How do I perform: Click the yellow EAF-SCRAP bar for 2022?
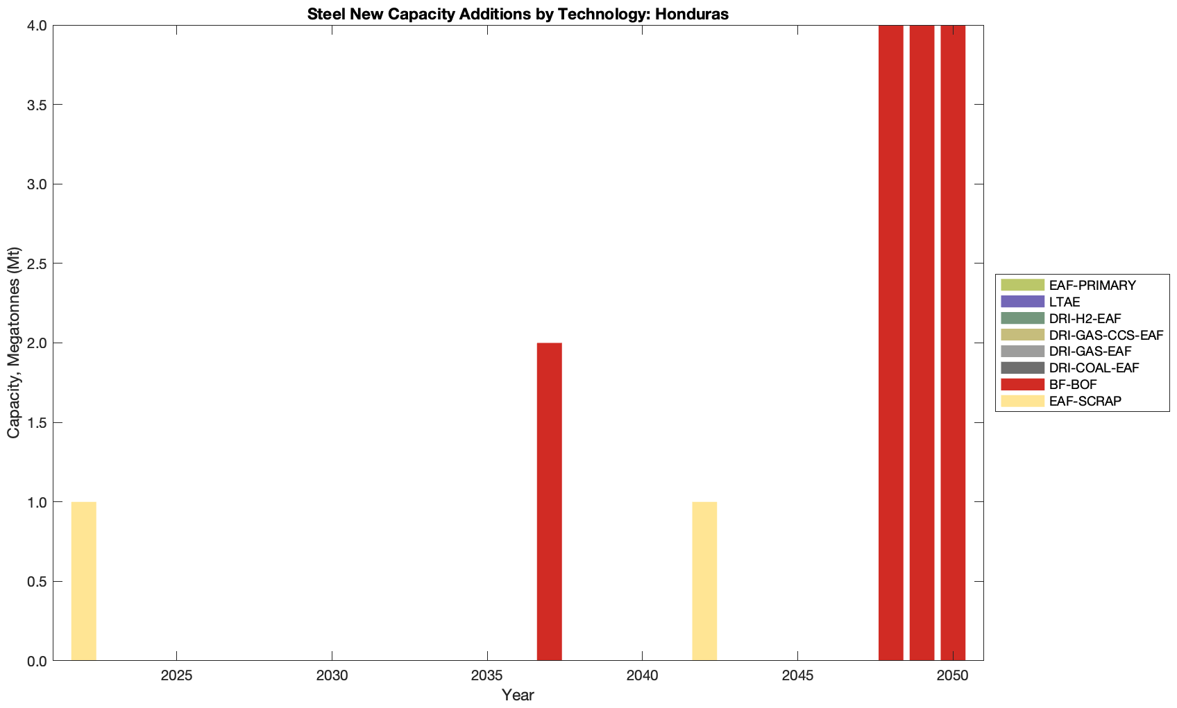coord(83,581)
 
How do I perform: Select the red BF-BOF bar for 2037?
coord(549,501)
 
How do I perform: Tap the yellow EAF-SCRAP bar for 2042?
coord(704,581)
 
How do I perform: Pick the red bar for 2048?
coord(890,343)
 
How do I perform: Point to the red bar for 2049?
coord(922,343)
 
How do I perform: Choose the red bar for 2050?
coord(953,343)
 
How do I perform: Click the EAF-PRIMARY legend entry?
coord(1092,285)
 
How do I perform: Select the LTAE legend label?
coord(1064,302)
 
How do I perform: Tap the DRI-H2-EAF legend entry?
coord(1085,318)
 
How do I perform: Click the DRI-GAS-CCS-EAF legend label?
coord(1106,335)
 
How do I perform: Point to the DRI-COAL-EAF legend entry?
coord(1094,368)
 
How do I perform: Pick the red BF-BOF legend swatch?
coord(1022,384)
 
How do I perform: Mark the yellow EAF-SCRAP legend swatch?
coord(1022,401)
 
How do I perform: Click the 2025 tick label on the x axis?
coord(177,676)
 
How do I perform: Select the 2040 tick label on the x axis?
coord(643,676)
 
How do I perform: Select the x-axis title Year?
coord(518,695)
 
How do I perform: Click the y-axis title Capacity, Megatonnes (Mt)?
coord(14,343)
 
